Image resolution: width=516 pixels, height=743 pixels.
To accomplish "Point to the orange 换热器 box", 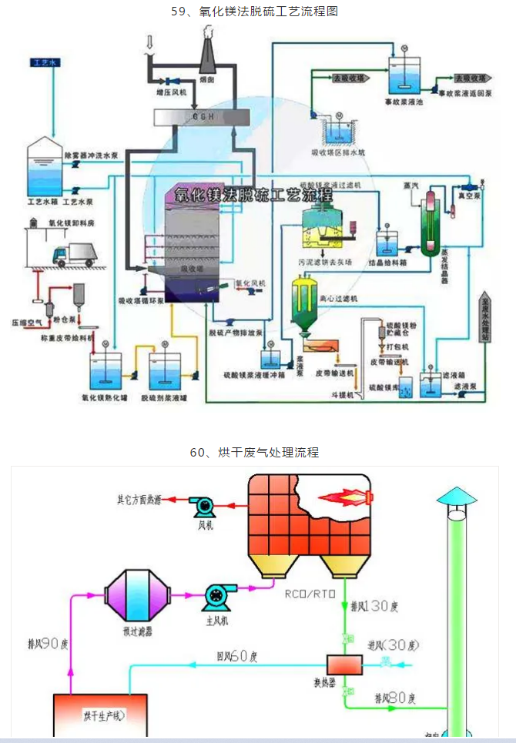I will pos(339,664).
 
